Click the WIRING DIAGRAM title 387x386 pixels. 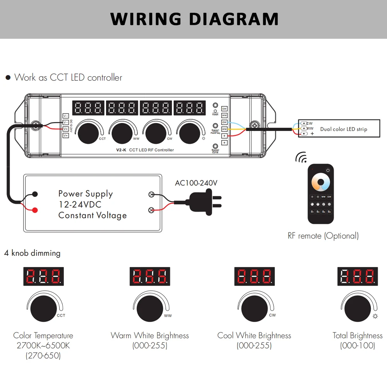coord(194,19)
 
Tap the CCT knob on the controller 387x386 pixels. coord(88,134)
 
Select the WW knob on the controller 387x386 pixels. coord(122,134)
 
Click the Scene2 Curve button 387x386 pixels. coord(215,146)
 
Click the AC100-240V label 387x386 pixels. coord(196,183)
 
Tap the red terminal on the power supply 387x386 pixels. coord(35,210)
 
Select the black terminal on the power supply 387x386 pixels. coord(35,194)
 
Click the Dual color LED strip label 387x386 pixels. coord(343,129)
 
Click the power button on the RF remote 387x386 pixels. coord(328,170)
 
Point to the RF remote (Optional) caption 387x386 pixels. coord(323,236)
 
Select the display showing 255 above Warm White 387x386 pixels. coord(149,276)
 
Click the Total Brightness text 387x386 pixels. coord(358,336)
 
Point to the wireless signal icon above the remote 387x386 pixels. coord(300,157)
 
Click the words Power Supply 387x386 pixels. coord(86,193)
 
